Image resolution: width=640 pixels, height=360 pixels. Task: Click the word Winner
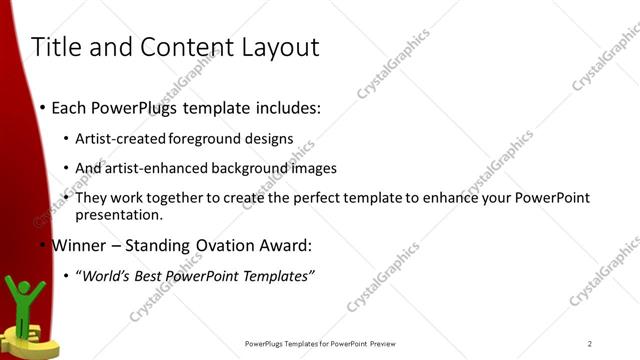click(80, 245)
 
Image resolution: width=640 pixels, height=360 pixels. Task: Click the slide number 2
click(590, 343)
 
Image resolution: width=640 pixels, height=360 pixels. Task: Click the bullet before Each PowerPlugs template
click(41, 106)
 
